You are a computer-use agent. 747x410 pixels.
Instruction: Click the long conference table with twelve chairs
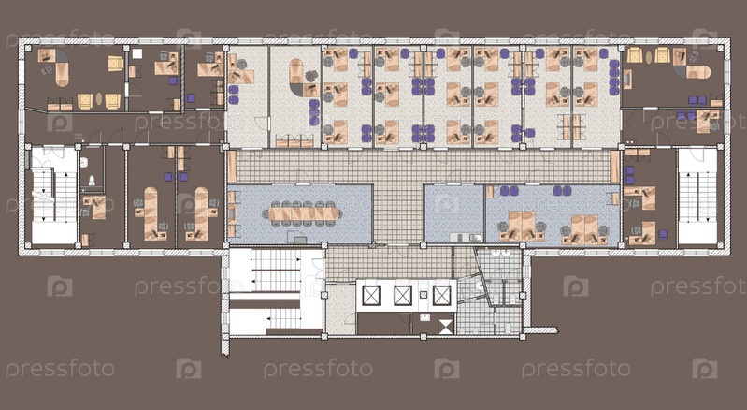click(x=302, y=214)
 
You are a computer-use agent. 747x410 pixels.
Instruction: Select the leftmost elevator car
click(x=370, y=296)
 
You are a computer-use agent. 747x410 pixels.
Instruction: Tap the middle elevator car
click(x=403, y=296)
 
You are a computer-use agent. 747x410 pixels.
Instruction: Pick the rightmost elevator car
click(x=441, y=296)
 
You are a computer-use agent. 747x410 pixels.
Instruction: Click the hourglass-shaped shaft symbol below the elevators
click(x=445, y=327)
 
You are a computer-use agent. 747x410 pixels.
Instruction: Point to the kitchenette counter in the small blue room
click(x=468, y=237)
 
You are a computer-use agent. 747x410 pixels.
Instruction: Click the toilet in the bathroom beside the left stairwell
click(x=92, y=181)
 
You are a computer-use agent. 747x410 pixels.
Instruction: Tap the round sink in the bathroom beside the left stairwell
click(x=84, y=162)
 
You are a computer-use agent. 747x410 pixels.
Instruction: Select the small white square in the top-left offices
click(x=136, y=53)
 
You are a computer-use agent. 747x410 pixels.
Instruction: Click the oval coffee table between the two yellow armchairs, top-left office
click(x=99, y=99)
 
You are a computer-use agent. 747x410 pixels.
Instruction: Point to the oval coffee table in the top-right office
click(x=649, y=57)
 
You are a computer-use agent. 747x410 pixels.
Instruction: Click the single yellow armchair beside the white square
click(x=115, y=64)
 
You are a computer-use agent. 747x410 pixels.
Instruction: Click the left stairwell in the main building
click(x=54, y=196)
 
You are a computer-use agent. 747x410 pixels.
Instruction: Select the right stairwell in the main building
click(x=697, y=197)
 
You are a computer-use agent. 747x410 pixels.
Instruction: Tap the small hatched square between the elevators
click(x=423, y=295)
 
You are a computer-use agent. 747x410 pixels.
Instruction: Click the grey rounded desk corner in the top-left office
click(x=63, y=57)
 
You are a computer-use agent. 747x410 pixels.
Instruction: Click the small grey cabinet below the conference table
click(x=300, y=240)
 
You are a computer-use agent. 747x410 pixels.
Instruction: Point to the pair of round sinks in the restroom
click(x=500, y=253)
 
